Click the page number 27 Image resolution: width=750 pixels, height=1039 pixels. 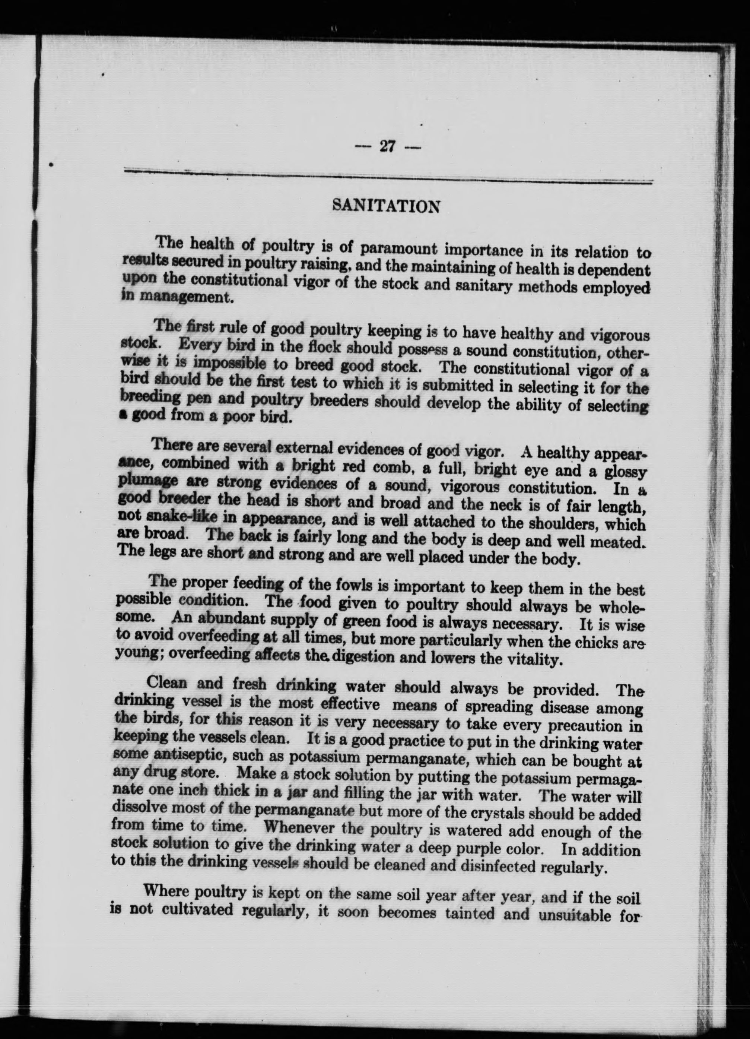click(x=387, y=147)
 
